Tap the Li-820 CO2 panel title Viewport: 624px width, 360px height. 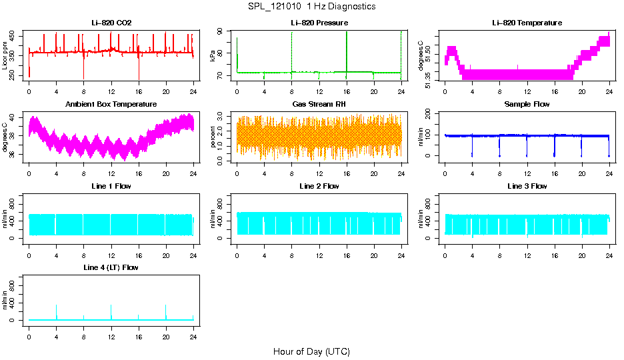(x=111, y=23)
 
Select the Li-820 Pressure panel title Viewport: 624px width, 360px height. (x=319, y=23)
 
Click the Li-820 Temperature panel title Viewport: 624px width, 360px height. (x=527, y=23)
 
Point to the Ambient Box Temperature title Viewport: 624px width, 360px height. (x=111, y=104)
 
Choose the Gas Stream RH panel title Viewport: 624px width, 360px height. (x=319, y=104)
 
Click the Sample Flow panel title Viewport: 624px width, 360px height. (x=527, y=104)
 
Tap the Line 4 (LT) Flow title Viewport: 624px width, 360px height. (x=111, y=267)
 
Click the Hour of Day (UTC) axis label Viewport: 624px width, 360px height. (x=311, y=351)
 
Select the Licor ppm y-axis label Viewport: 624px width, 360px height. (x=5, y=55)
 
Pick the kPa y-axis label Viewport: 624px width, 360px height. (x=213, y=56)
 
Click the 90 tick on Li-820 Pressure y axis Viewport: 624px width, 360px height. (x=223, y=32)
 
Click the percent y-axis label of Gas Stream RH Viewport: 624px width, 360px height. (x=213, y=137)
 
